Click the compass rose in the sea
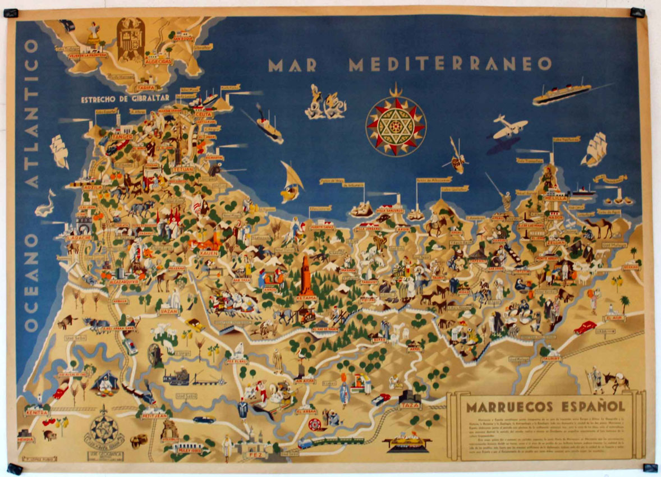396,126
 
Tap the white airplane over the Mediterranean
509,128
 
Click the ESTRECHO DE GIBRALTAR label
125,99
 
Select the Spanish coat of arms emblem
131,40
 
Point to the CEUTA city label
203,114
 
